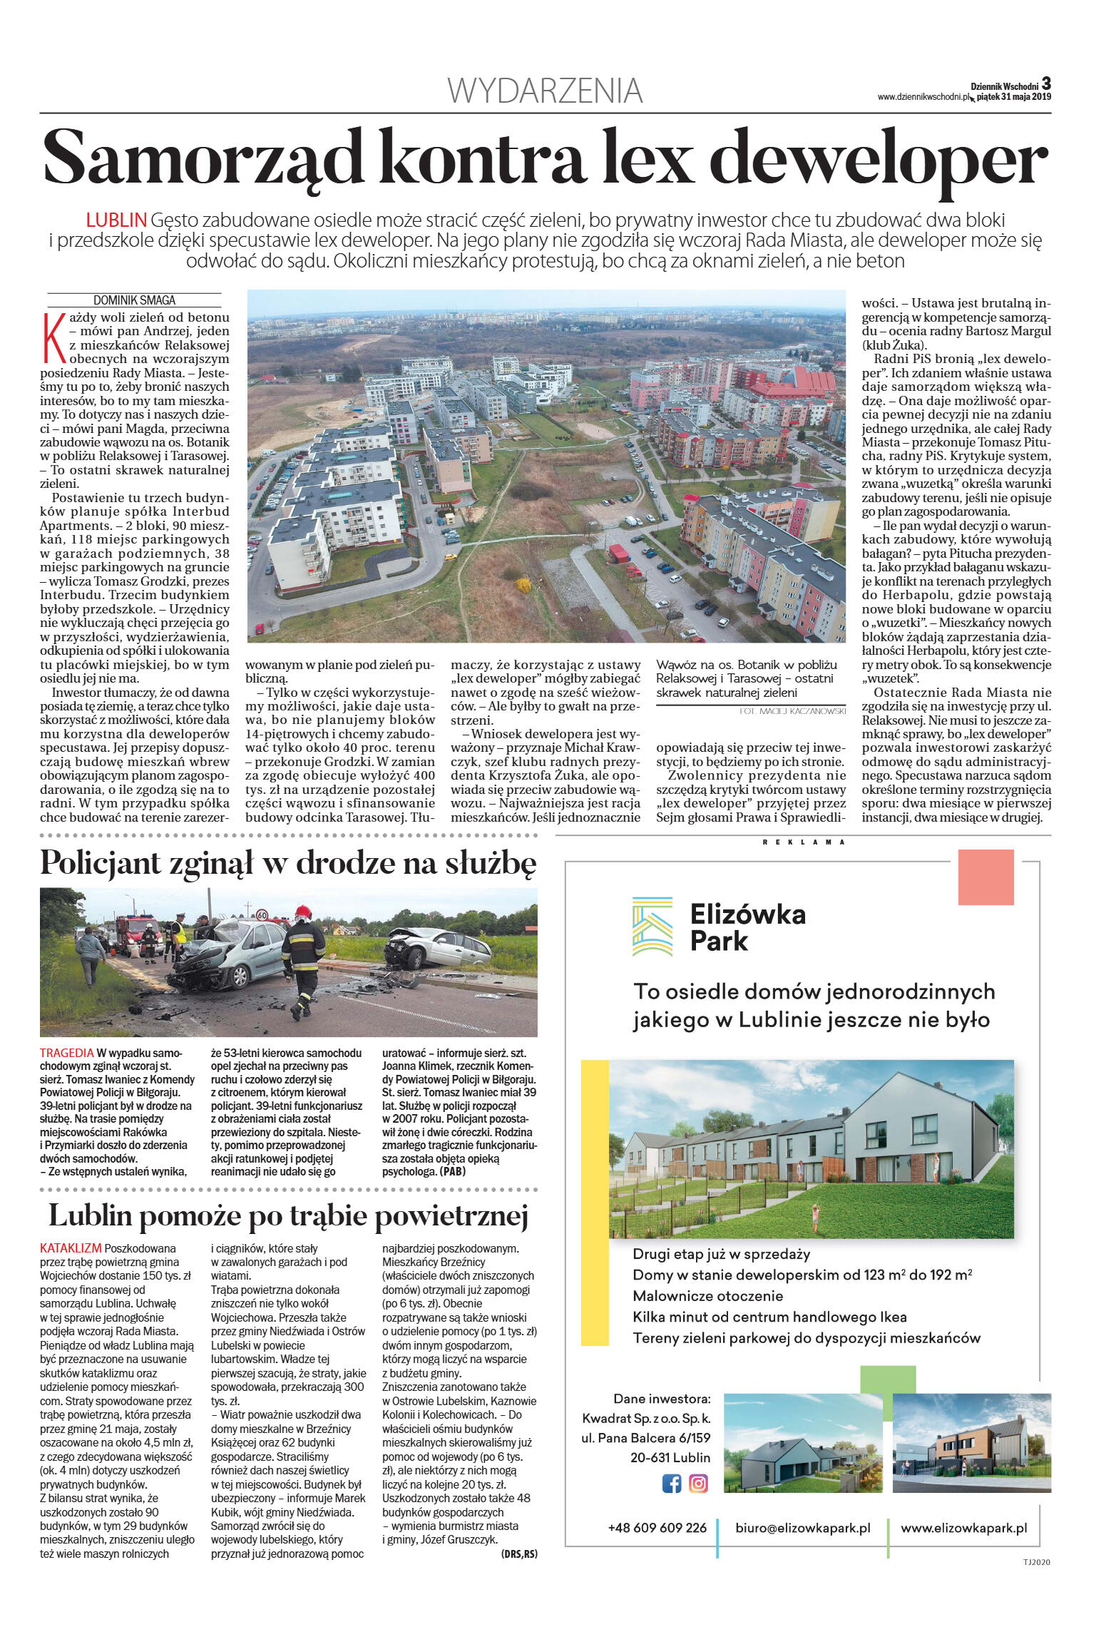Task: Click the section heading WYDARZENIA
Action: [545, 91]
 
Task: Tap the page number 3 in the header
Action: [1046, 83]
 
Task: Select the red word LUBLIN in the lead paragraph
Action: [116, 220]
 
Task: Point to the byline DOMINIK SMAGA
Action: [134, 300]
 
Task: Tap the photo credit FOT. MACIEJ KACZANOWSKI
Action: [792, 711]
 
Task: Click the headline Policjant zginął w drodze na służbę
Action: [287, 863]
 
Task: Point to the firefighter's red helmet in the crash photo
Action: [304, 912]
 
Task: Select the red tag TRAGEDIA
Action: [66, 1053]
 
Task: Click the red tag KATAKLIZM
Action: [71, 1248]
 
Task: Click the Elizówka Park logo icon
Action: [652, 927]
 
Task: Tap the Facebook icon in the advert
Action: [672, 1484]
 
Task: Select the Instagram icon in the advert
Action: [698, 1484]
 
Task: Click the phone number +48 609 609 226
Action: [657, 1528]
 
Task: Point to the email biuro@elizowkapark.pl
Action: [803, 1528]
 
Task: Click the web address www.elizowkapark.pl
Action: [963, 1528]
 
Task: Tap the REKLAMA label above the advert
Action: [804, 842]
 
